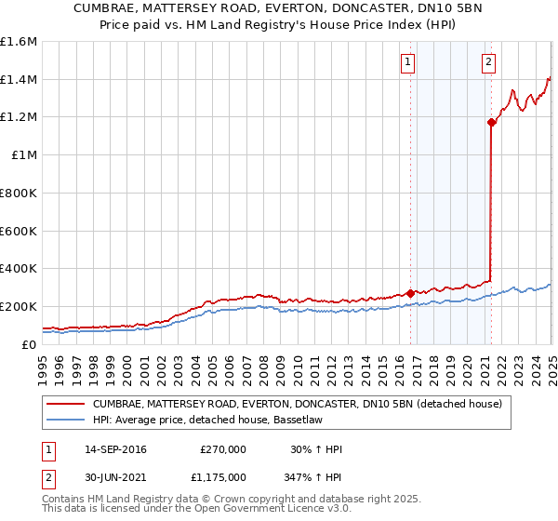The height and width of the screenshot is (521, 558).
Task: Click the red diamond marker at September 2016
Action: coord(410,293)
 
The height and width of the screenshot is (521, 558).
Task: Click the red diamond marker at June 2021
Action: coord(491,121)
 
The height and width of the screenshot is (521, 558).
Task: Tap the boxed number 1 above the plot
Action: coord(408,62)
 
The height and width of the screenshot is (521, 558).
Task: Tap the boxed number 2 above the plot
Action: coord(489,62)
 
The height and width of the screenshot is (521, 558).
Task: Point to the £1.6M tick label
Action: coord(19,42)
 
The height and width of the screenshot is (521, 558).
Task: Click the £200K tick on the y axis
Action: coord(19,306)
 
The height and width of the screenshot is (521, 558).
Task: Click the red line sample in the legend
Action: coord(65,404)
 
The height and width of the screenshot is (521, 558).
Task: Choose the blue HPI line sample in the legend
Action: coord(65,420)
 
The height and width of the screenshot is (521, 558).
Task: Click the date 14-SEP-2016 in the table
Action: coord(115,449)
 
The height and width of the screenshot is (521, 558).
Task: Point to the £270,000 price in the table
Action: coord(223,449)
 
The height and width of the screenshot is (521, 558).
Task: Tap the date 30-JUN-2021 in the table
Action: coord(115,476)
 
